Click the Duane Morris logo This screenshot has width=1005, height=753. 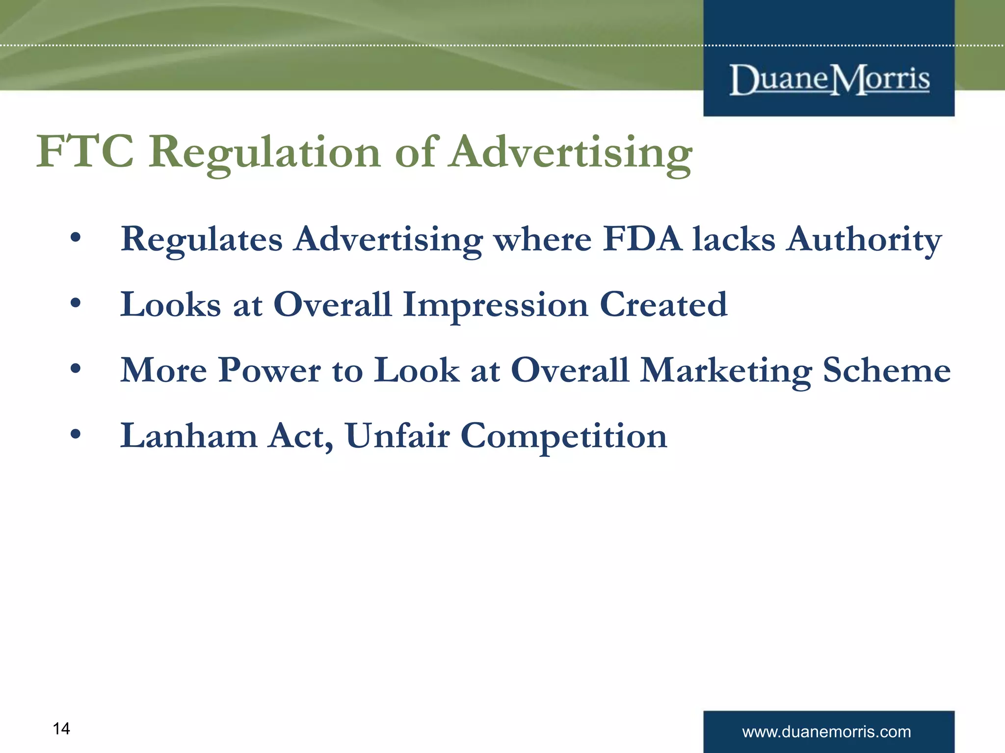click(829, 79)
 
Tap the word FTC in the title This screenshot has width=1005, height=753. click(85, 151)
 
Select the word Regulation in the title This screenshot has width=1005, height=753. click(265, 153)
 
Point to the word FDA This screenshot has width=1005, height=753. click(642, 239)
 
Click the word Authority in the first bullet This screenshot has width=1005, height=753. click(864, 240)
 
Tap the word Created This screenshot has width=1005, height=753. click(663, 304)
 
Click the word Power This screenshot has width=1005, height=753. click(269, 370)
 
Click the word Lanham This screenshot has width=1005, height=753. click(189, 435)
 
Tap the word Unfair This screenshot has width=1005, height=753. click(397, 435)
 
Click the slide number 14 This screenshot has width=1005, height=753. click(61, 729)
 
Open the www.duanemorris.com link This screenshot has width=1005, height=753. click(826, 732)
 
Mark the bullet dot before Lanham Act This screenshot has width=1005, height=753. click(75, 434)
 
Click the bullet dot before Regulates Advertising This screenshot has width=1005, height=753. click(75, 238)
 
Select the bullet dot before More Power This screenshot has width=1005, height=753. click(75, 368)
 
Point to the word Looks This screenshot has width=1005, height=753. click(171, 304)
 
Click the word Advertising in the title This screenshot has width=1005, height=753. click(572, 153)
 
